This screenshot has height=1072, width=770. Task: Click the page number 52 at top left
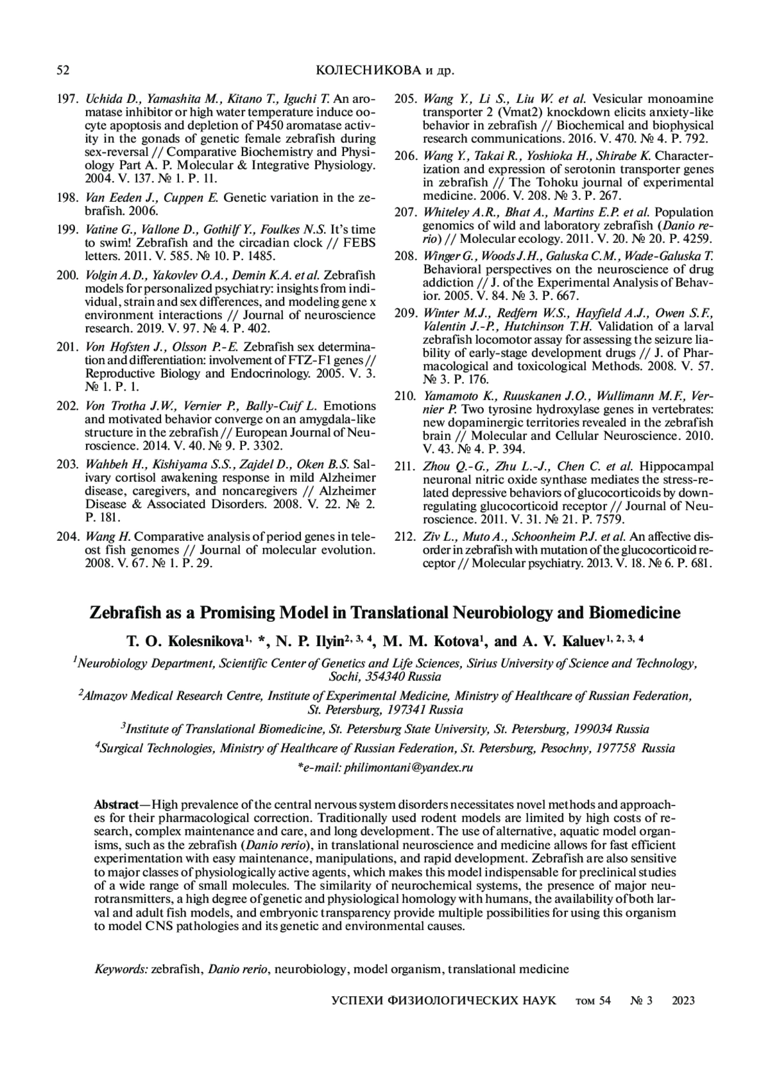pos(63,70)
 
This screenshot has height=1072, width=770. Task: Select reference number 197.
pos(67,99)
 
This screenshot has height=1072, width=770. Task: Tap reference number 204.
pos(67,536)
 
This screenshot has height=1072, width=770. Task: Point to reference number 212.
pos(405,536)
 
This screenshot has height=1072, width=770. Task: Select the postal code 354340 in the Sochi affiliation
pos(383,677)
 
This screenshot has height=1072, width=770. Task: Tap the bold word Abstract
pos(116,805)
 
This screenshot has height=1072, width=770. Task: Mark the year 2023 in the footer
pos(683,1001)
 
